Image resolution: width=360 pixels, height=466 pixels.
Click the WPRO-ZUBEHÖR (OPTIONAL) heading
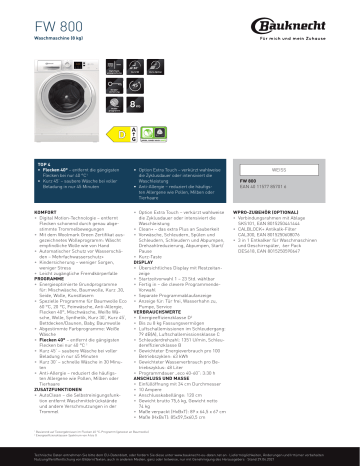click(x=272, y=213)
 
